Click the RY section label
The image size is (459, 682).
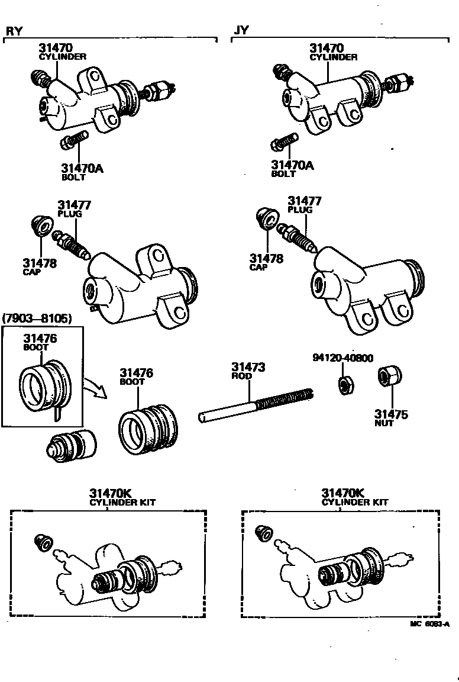pyautogui.click(x=14, y=31)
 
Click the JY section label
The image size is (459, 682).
pyautogui.click(x=241, y=30)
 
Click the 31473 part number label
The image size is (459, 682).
pyautogui.click(x=248, y=367)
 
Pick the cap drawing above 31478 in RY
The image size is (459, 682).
pyautogui.click(x=41, y=226)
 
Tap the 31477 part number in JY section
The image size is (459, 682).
pyautogui.click(x=304, y=201)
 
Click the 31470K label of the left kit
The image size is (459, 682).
pyautogui.click(x=110, y=493)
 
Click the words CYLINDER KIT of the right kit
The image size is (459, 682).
pyautogui.click(x=355, y=502)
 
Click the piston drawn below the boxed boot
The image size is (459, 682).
pyautogui.click(x=70, y=445)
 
